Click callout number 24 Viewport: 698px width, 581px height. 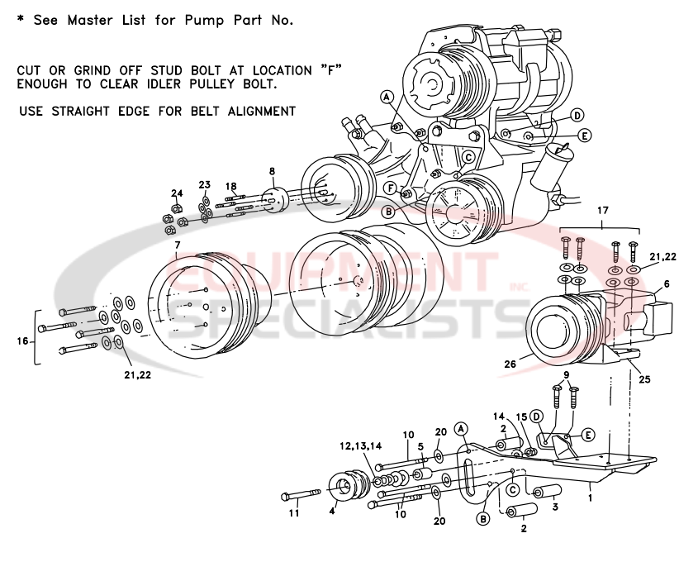click(176, 193)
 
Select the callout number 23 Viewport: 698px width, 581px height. click(205, 184)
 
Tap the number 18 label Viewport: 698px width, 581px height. click(230, 186)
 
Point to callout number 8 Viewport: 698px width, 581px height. click(271, 171)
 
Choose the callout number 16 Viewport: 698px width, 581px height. click(22, 341)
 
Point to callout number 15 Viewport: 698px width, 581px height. click(520, 417)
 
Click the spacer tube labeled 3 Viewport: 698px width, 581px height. click(547, 493)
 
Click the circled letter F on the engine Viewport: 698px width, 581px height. click(387, 188)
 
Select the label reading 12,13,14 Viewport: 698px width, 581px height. click(361, 445)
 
